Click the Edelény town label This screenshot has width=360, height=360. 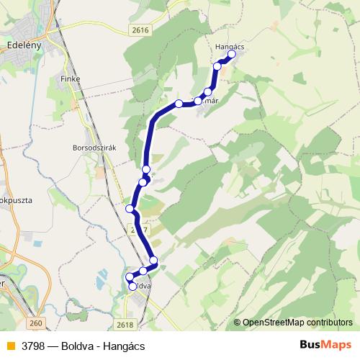[x=27, y=43]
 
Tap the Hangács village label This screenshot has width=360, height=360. [x=230, y=46]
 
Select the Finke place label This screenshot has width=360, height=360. [x=71, y=78]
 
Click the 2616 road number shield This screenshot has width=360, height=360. [x=140, y=30]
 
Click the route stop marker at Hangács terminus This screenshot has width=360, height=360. [x=232, y=54]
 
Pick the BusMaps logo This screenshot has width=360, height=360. [x=325, y=345]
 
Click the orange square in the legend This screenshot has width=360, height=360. [x=9, y=346]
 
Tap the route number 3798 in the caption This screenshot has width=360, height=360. [x=34, y=346]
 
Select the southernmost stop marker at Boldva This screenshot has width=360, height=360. [x=132, y=287]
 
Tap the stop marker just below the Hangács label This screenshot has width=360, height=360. [x=217, y=66]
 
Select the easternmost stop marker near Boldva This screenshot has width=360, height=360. [x=153, y=260]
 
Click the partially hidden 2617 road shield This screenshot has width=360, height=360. [x=140, y=229]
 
